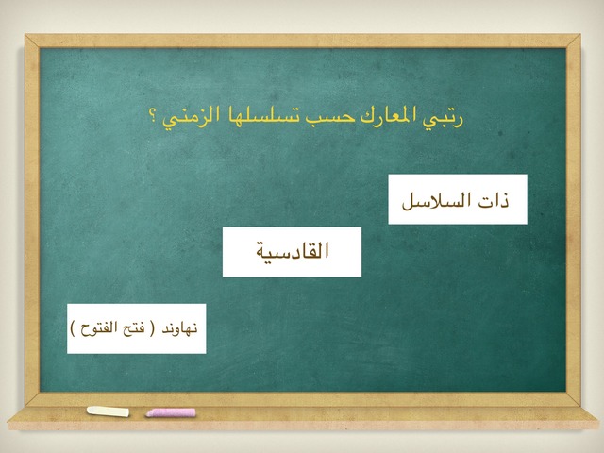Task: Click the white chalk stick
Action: pyautogui.click(x=108, y=411)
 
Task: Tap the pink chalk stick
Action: pyautogui.click(x=171, y=412)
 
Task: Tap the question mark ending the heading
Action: pyautogui.click(x=152, y=115)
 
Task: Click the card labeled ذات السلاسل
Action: pyautogui.click(x=458, y=199)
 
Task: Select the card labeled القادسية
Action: pyautogui.click(x=292, y=252)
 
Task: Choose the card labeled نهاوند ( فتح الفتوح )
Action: pyautogui.click(x=136, y=328)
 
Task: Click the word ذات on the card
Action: pyautogui.click(x=494, y=200)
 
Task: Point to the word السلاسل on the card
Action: pyautogui.click(x=436, y=200)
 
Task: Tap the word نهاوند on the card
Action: pyautogui.click(x=179, y=328)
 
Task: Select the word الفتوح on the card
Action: pyautogui.click(x=98, y=328)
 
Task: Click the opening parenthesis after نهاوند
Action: pyautogui.click(x=152, y=328)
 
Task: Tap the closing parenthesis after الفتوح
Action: pyautogui.click(x=73, y=328)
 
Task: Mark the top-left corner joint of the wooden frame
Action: pyautogui.click(x=32, y=42)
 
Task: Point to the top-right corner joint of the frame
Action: pyautogui.click(x=573, y=42)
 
